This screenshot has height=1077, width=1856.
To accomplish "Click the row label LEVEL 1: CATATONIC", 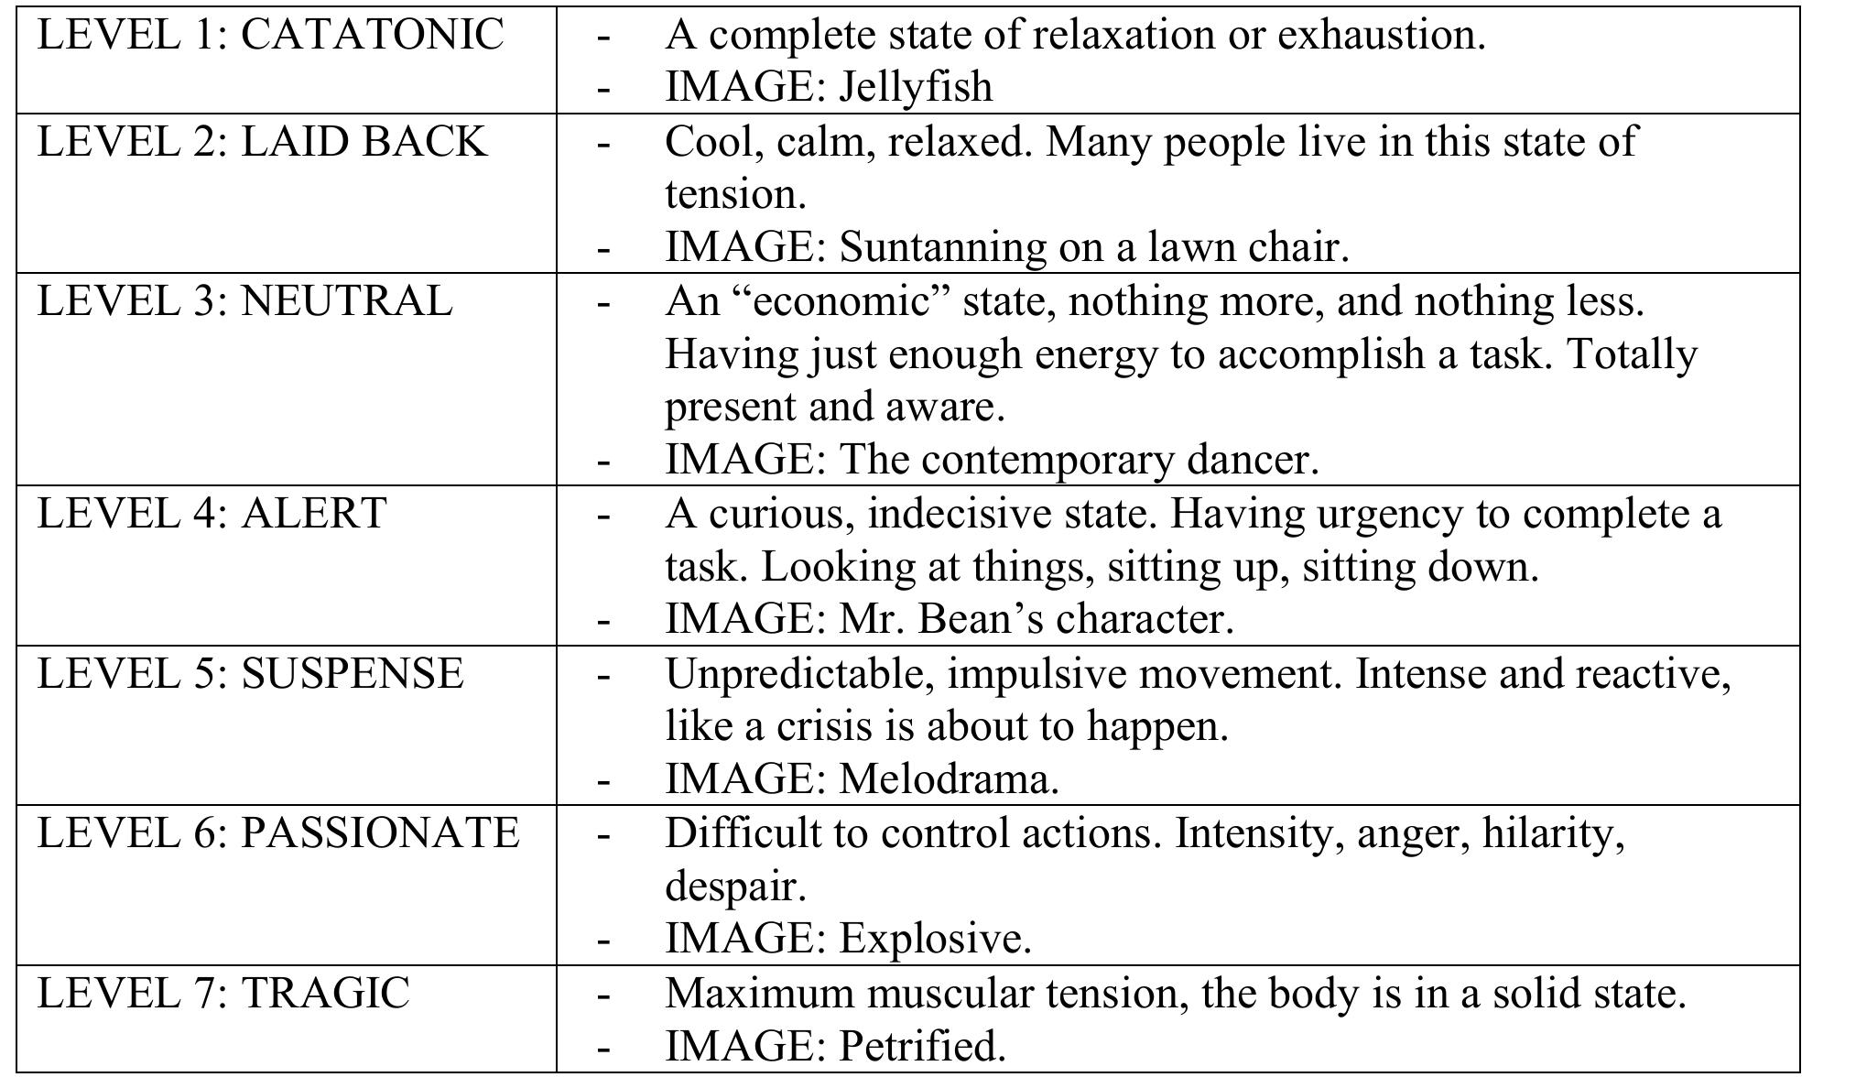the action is coord(270,36).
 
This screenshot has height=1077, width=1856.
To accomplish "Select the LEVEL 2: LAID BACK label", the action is coord(262,142).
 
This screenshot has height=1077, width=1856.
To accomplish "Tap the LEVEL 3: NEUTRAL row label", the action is coord(244,301).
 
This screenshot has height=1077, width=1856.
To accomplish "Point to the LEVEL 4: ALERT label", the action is coord(212,513).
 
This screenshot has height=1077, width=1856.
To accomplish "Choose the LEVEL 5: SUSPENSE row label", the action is coord(250,673).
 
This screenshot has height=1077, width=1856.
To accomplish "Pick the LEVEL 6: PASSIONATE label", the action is coord(277,833).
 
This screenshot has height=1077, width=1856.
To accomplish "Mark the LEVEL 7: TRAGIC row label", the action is coord(223,994).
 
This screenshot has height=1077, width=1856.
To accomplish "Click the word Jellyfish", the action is coord(916,88).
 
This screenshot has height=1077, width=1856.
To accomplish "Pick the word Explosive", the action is coord(935,940).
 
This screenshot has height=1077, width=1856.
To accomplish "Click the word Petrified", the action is coord(922,1047).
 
